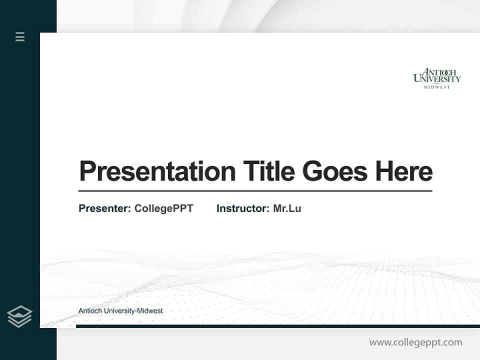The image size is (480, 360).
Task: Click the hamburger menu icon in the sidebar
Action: coord(20,36)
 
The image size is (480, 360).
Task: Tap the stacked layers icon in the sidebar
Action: coord(19,316)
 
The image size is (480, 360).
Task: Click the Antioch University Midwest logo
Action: coord(437,78)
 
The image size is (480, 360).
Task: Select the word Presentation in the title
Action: coord(157,171)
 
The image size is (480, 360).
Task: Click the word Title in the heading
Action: coord(268,171)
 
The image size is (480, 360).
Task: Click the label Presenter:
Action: coord(104,208)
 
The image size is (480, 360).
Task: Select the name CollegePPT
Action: coord(163,208)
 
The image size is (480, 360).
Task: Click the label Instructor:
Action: coord(242,208)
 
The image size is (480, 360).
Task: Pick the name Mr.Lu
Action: coord(287,208)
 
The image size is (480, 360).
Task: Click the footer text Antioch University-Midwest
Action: coord(120,311)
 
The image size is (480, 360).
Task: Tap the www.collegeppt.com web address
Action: coord(415,342)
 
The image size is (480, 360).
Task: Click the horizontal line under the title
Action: coord(255,191)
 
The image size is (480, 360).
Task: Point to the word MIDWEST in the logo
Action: coord(437,87)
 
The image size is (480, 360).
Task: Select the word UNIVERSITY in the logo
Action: coord(437,79)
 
